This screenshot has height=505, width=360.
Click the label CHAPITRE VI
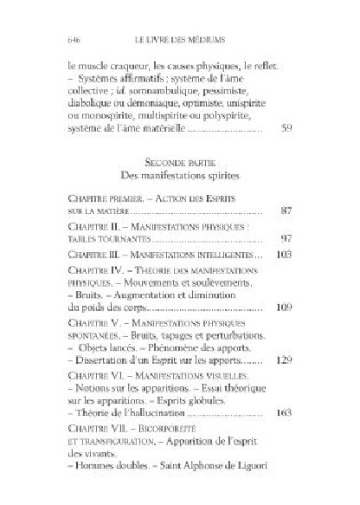click(92, 374)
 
